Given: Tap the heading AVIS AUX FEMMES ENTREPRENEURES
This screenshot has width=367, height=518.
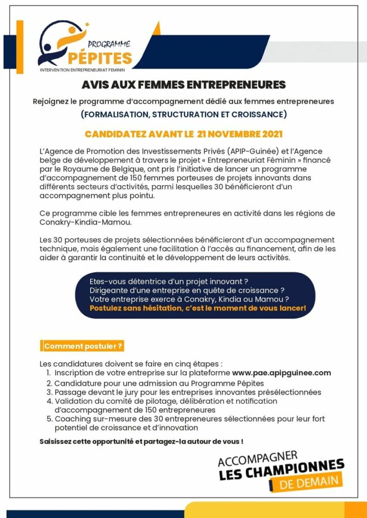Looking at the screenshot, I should [184, 84].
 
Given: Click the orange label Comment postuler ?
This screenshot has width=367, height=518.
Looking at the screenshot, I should [83, 347].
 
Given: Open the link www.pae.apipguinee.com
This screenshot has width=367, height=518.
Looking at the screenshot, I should [281, 373].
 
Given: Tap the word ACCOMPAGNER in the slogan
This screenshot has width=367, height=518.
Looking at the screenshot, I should [258, 458].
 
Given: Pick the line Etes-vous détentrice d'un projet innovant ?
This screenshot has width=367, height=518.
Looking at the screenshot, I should [169, 281].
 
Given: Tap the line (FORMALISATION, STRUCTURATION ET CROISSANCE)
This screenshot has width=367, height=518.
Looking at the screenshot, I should [184, 114].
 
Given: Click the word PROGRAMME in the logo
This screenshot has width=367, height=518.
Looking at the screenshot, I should [109, 44].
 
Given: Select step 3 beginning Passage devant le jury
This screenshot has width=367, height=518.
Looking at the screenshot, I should [187, 392].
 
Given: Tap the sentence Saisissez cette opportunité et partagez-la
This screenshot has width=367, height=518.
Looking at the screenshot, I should [141, 441].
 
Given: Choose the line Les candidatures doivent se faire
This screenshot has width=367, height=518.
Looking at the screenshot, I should [131, 364].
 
